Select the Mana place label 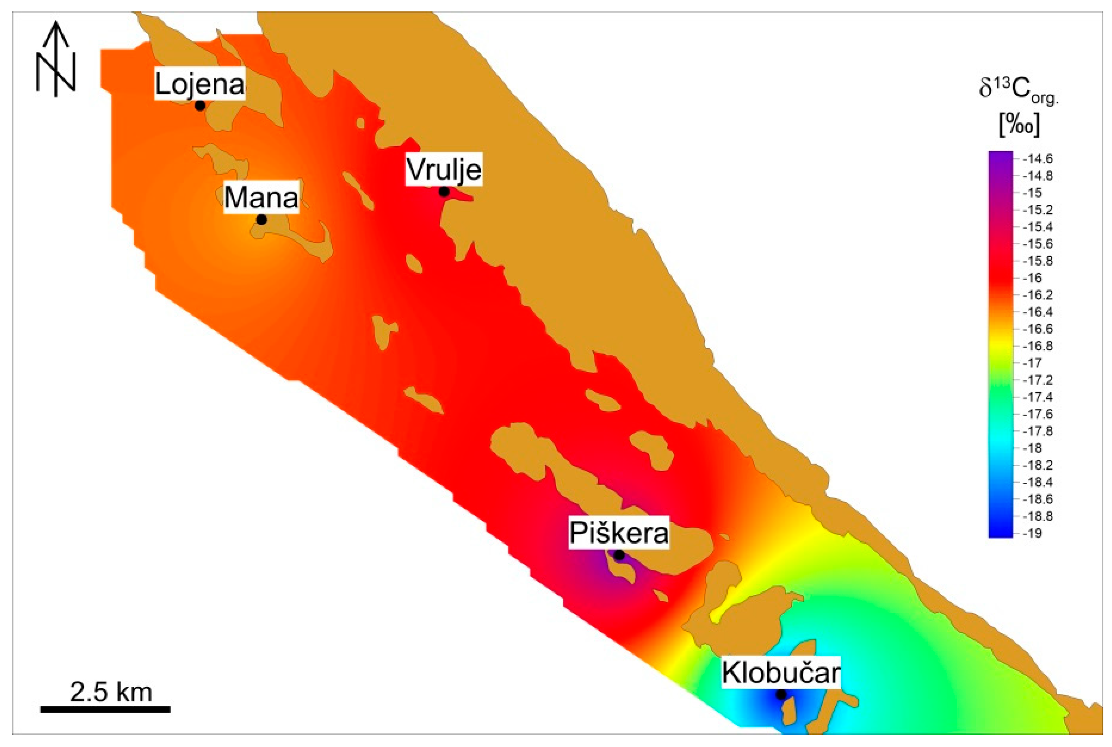(x=261, y=197)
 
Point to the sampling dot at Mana (x=261, y=220)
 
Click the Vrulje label (x=443, y=169)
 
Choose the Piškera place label (x=619, y=533)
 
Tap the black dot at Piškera (x=619, y=555)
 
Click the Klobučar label (x=781, y=673)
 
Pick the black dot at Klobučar (x=781, y=694)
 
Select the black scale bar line (x=105, y=709)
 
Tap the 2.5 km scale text (x=111, y=692)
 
